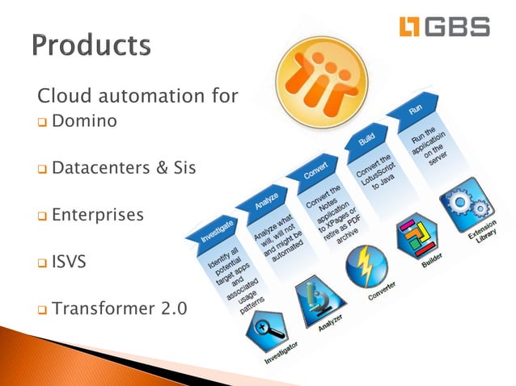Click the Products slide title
coord(91,45)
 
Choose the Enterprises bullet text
coord(98,216)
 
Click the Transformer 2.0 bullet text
coord(118,308)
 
